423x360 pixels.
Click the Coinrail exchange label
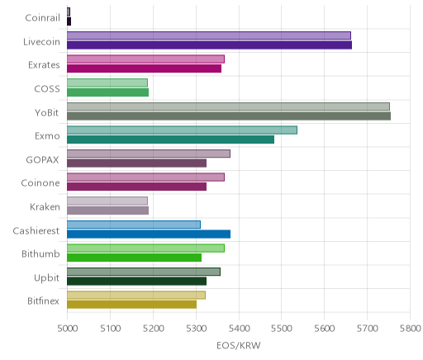pos(42,18)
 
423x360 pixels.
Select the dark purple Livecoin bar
pos(209,45)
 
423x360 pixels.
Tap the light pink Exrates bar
pos(145,59)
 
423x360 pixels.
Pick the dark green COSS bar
pos(107,92)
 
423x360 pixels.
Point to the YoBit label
pos(46,112)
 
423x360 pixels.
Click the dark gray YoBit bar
pos(229,116)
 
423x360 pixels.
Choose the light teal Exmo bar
pos(182,130)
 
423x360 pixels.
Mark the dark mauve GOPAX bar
pos(136,163)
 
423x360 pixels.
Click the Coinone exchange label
pos(40,183)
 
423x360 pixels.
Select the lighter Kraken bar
pos(107,201)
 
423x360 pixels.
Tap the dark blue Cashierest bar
pos(149,234)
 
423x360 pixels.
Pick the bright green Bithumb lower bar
pos(134,258)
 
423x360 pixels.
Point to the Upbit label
pos(46,277)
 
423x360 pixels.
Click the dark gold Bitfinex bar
pos(131,305)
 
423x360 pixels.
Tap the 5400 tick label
pos(239,329)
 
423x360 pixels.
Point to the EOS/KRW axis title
pos(239,345)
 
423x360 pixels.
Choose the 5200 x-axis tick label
pos(154,329)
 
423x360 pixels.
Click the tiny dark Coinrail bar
pos(69,21)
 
